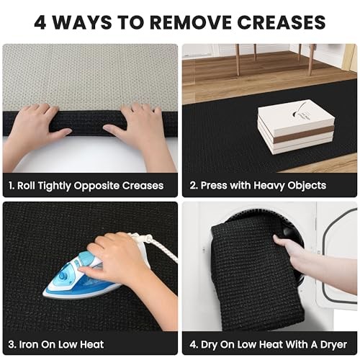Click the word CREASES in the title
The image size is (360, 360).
point(282,22)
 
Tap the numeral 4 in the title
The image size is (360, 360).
point(40,22)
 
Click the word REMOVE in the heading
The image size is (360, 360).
point(191,22)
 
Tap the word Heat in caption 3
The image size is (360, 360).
point(92,344)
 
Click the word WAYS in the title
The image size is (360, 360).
point(82,22)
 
